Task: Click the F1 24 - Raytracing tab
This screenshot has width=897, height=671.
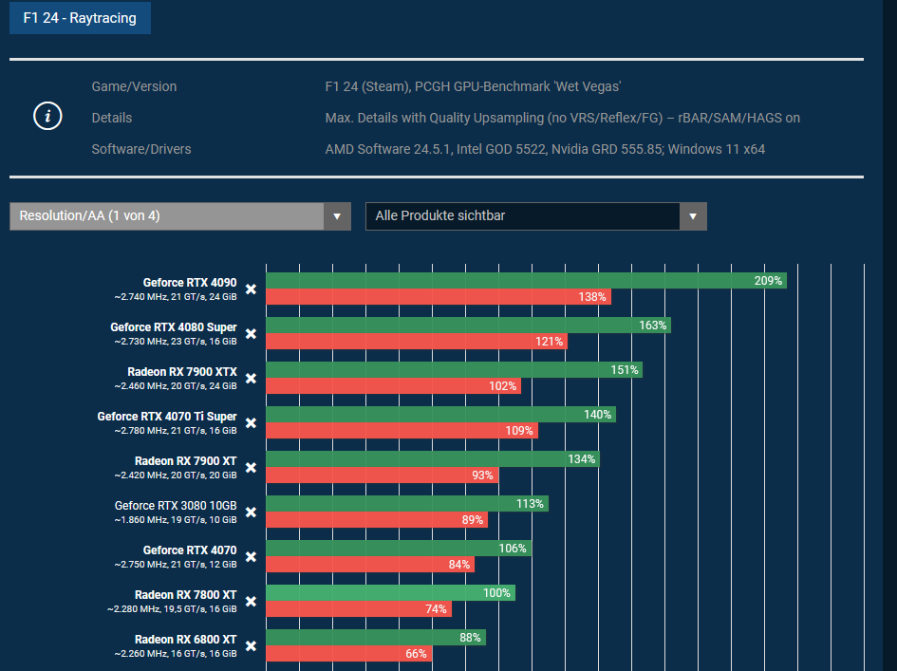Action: coord(80,18)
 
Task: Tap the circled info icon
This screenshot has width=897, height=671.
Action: coord(47,117)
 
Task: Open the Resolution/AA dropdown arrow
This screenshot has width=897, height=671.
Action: coord(337,216)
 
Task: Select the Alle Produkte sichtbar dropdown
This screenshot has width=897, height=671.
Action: coord(535,216)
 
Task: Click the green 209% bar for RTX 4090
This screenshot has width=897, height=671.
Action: coord(525,281)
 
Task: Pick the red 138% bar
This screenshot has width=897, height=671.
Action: coord(438,297)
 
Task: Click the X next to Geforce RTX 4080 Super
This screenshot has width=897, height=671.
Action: coord(251,333)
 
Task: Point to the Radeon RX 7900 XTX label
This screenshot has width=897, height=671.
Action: coord(182,371)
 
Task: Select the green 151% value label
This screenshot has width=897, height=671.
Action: coord(625,370)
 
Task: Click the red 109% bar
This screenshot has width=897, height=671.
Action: coord(401,431)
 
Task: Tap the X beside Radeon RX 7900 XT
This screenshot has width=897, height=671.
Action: coord(251,467)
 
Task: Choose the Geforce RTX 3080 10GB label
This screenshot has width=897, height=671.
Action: coord(176,506)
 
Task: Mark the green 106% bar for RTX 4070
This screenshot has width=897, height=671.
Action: coord(398,549)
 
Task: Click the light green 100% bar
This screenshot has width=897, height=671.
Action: coord(389,593)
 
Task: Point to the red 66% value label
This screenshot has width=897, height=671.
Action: coord(416,654)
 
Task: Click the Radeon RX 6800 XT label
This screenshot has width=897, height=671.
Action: coord(186,640)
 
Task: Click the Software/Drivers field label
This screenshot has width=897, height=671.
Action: coord(141,149)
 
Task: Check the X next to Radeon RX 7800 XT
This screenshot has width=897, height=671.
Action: coord(251,601)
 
